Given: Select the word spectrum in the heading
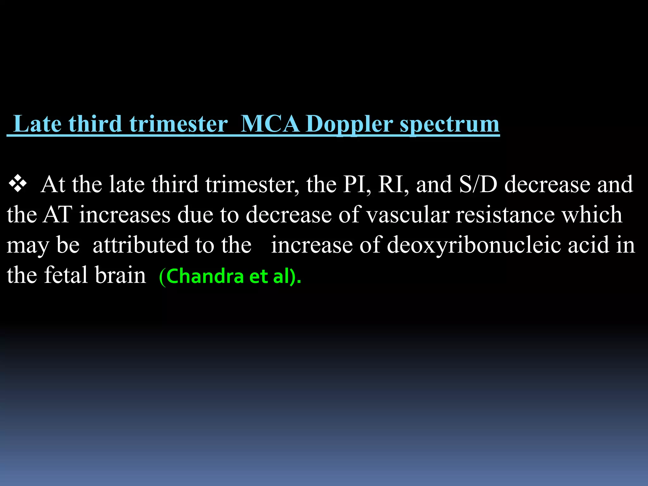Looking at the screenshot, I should [x=450, y=124].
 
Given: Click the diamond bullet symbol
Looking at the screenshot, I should [x=18, y=184].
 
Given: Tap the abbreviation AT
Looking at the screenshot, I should [x=57, y=215].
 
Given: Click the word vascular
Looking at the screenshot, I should [x=408, y=215].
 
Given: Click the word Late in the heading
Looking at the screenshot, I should [x=37, y=124].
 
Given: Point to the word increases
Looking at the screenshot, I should [x=125, y=215].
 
